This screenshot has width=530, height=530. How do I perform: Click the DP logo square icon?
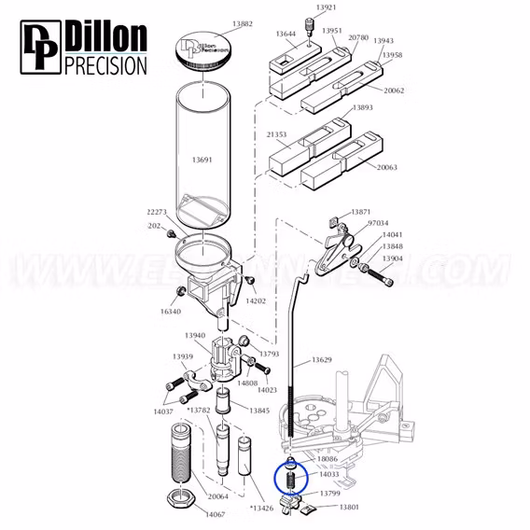[38, 47]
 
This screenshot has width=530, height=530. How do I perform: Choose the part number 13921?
[326, 7]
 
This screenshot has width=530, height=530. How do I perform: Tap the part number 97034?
[378, 224]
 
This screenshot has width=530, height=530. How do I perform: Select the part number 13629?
[322, 360]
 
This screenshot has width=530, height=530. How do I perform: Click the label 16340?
[169, 314]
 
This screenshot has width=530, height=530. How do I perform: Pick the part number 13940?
[195, 335]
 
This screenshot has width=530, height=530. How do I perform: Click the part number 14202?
[255, 301]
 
